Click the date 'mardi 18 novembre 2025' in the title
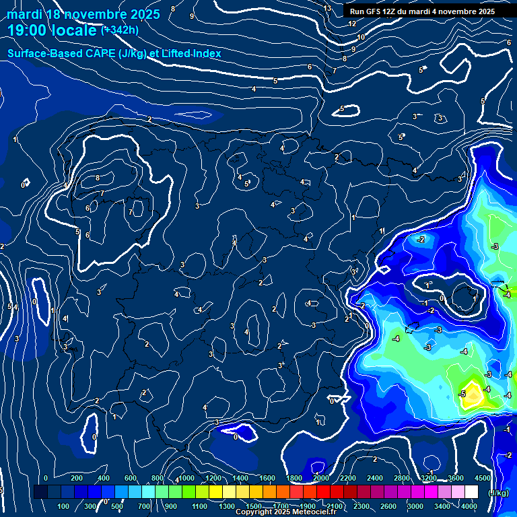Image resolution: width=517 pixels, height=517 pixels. [83, 14]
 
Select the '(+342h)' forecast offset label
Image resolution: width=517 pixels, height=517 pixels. [120, 30]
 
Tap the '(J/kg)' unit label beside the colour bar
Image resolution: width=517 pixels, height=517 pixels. [498, 493]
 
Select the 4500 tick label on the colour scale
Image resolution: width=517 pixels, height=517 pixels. [482, 478]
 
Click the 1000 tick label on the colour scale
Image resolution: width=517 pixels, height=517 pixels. [186, 478]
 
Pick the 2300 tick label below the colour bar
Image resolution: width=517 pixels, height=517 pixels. [361, 506]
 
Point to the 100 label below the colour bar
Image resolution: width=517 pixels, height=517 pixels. [63, 506]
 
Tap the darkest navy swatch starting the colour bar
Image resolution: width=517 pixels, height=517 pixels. [40, 492]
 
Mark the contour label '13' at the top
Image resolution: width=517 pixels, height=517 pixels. [327, 9]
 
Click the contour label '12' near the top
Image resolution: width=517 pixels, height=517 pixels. [352, 24]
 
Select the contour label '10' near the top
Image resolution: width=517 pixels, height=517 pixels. [361, 37]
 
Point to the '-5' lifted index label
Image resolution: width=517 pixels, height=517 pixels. [462, 393]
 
